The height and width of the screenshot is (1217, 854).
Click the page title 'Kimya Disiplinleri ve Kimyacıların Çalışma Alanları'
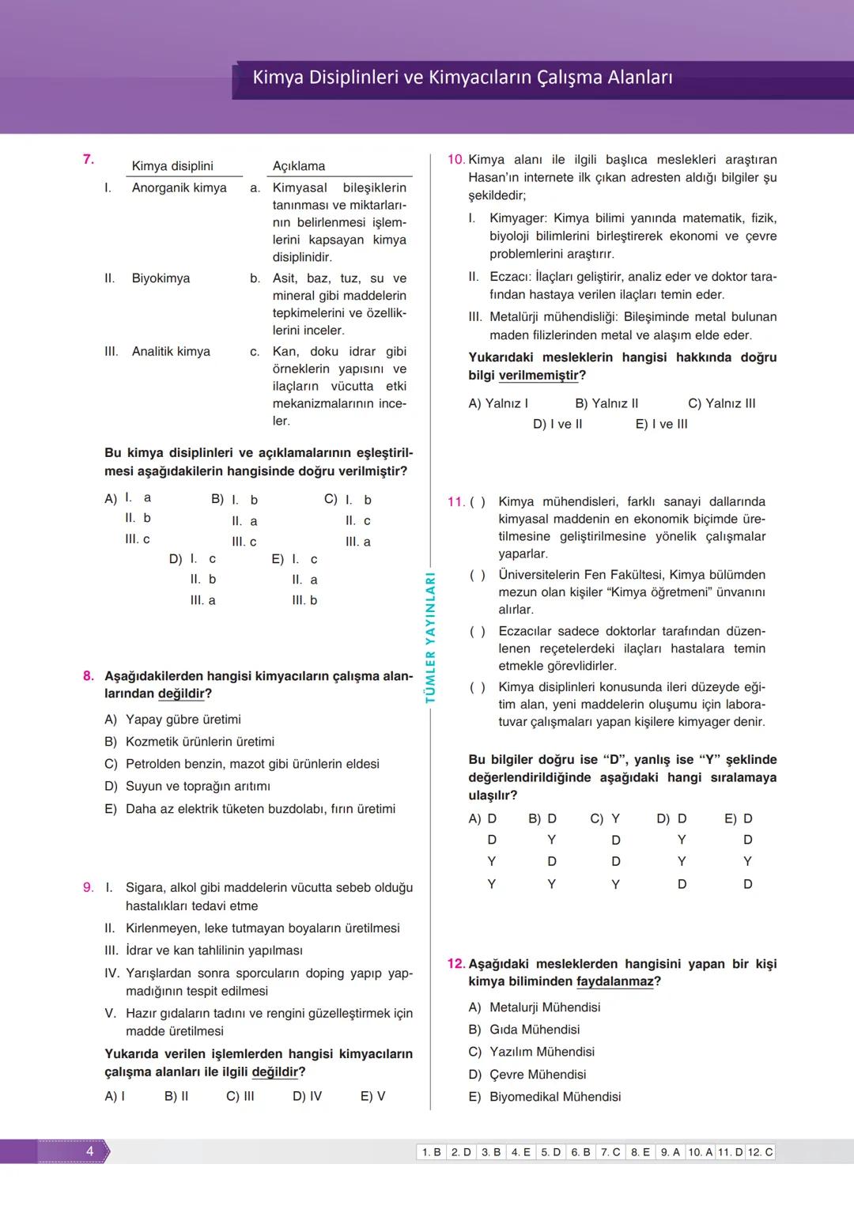(462, 77)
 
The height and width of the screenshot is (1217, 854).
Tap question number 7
(89, 159)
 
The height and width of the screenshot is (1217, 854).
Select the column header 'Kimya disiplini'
(172, 166)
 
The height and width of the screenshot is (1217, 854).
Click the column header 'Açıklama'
(299, 166)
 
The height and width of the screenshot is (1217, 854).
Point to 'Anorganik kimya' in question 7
(179, 188)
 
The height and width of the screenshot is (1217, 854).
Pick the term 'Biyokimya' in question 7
(161, 278)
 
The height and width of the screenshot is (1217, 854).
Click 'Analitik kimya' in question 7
(171, 352)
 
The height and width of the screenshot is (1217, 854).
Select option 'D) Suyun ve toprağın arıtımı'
(187, 786)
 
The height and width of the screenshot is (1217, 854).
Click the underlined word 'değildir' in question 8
(181, 694)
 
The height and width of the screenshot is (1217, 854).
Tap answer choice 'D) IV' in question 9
(307, 1096)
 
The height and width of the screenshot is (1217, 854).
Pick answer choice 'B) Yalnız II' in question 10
(606, 403)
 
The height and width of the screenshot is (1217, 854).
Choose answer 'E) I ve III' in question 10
(661, 424)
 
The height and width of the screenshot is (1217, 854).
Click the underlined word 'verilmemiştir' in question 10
(538, 376)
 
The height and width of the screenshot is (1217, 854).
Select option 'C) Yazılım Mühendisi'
(531, 1052)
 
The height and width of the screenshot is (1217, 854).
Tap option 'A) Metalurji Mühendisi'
(535, 1007)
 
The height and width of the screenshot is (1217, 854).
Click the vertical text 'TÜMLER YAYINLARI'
(431, 637)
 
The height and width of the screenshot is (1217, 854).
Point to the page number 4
(89, 1151)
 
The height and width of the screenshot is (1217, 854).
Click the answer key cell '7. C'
(610, 1152)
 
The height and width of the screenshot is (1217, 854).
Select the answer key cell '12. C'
(760, 1152)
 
